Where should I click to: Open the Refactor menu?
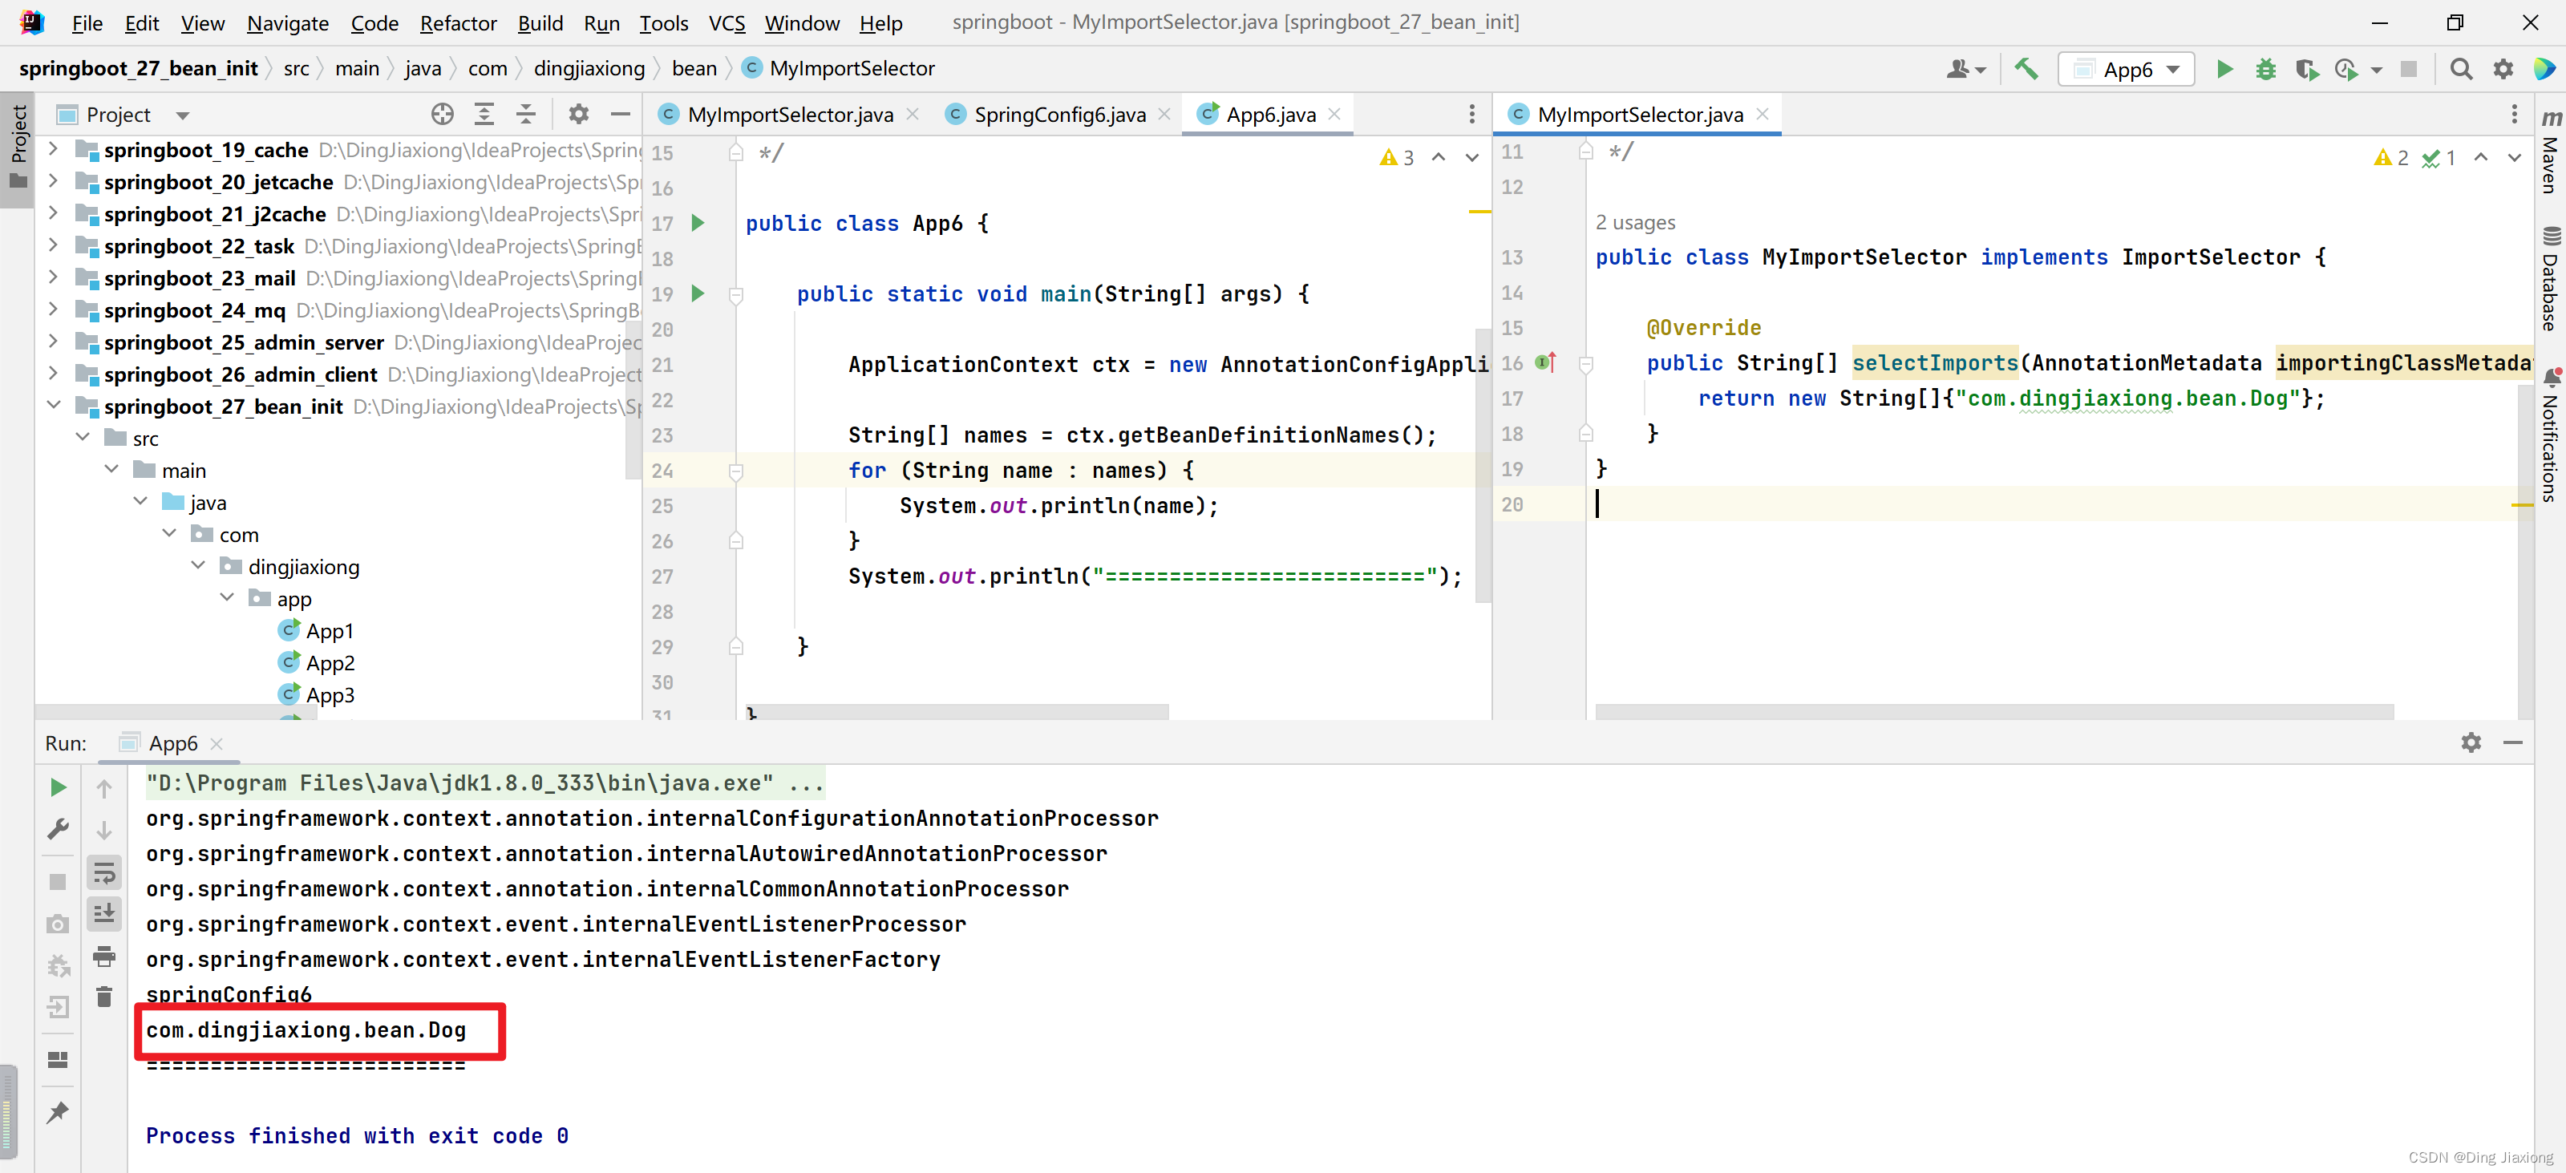coord(457,23)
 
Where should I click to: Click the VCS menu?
coord(726,23)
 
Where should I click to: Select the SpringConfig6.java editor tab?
coord(1058,115)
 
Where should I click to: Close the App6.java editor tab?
coord(1335,115)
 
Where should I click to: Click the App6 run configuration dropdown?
coord(2127,69)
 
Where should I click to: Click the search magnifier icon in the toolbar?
coord(2460,69)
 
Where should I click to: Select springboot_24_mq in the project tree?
coord(194,310)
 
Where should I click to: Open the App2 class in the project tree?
coord(330,663)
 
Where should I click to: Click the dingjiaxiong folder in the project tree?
coord(303,567)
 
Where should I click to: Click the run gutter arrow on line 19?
coord(698,293)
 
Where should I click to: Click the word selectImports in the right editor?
coord(1934,363)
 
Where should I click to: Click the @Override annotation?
coord(1703,328)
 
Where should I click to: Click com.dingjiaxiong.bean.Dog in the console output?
coord(306,1029)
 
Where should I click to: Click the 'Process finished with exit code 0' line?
coord(358,1136)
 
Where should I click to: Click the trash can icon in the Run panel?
coord(103,997)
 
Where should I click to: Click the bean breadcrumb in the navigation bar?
coord(694,69)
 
